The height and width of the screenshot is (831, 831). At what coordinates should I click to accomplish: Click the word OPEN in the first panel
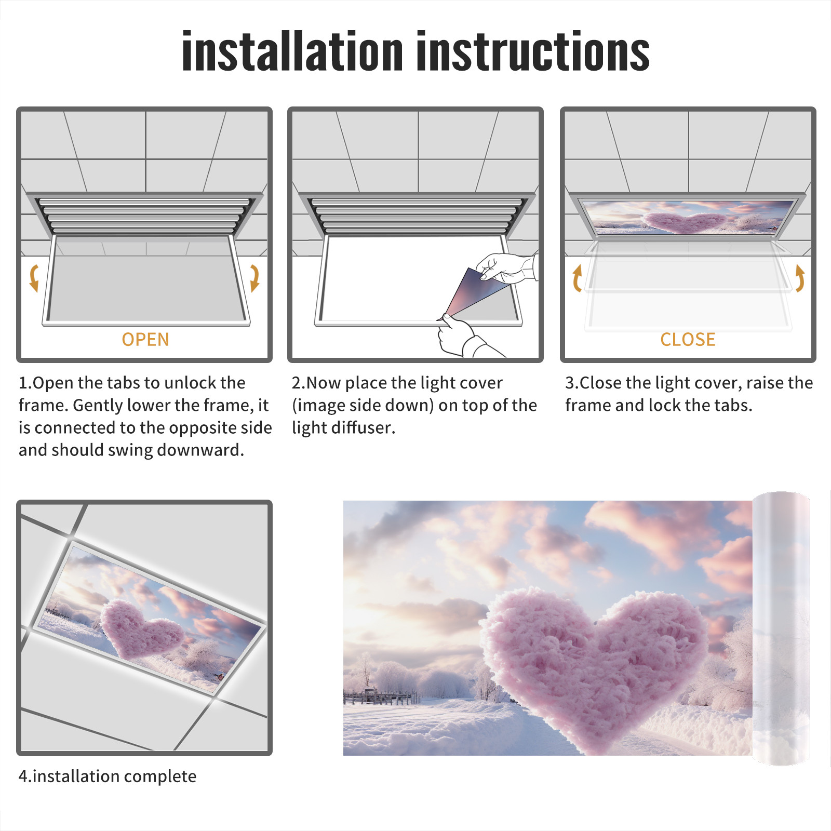145,340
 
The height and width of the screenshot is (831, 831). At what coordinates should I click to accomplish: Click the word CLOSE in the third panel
688,340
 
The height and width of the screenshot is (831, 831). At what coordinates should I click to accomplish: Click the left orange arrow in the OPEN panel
33,278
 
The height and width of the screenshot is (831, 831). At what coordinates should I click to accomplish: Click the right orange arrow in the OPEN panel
254,278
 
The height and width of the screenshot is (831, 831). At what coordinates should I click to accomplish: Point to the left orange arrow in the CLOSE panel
577,278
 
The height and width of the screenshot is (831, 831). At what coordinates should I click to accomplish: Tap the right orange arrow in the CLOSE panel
800,278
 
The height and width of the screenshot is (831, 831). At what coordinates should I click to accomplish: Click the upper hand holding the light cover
507,267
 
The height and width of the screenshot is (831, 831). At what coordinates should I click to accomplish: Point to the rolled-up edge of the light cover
781,628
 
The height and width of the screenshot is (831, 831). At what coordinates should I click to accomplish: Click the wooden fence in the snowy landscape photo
379,697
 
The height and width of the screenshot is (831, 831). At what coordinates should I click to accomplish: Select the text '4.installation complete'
108,776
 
